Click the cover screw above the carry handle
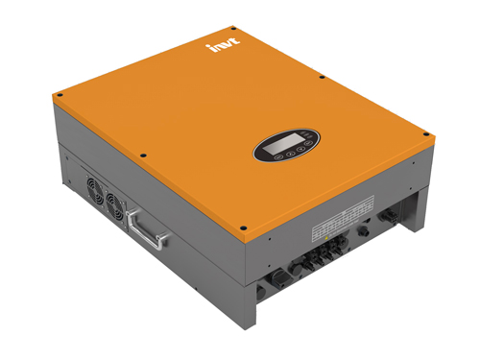coord(142,156)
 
